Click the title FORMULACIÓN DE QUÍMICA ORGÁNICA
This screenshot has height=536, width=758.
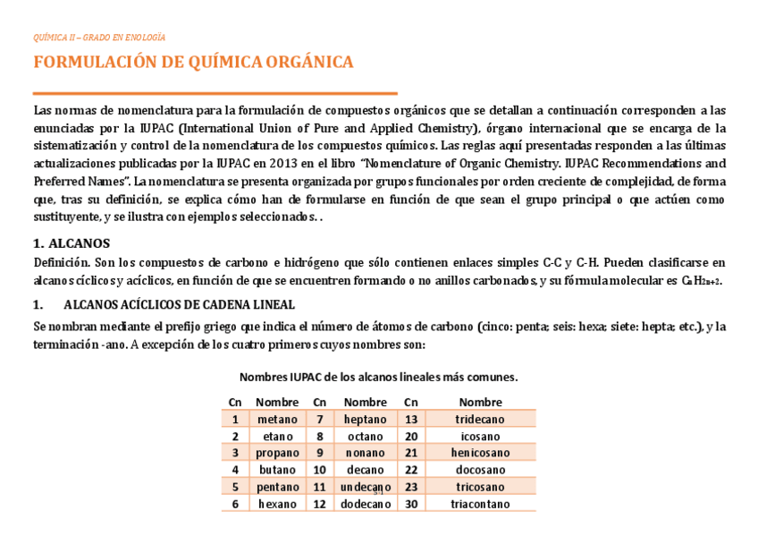pos(193,63)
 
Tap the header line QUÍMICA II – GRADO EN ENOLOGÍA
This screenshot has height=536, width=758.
pos(99,38)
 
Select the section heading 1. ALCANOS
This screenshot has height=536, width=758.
pos(72,243)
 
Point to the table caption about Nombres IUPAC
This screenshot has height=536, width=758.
pos(378,377)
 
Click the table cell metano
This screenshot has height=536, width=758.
pos(277,419)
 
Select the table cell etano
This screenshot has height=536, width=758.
pos(277,436)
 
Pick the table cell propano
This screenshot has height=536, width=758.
pos(277,453)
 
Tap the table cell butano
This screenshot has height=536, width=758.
pos(277,470)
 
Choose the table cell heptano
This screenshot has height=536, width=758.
pos(365,419)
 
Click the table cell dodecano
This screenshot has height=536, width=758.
pos(365,504)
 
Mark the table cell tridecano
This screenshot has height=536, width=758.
pos(480,419)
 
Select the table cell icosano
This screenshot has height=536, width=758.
pos(480,436)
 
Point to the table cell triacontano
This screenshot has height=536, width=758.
pos(480,504)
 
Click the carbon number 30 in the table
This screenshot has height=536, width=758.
pos(411,504)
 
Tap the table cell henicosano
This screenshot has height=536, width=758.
pos(480,453)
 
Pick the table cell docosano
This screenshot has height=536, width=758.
pos(480,470)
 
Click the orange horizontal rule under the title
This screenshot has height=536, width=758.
pos(215,93)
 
